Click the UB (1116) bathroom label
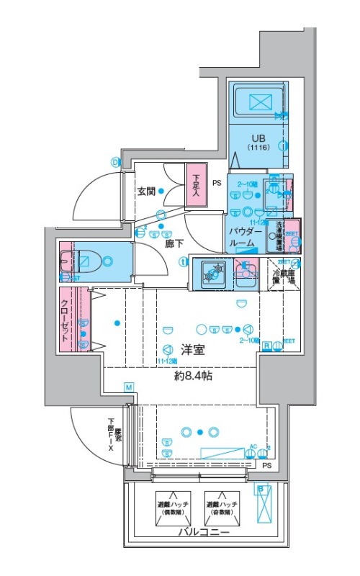(258, 142)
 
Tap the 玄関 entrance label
(147, 192)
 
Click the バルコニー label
(204, 532)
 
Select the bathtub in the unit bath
(257, 101)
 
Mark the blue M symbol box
(128, 388)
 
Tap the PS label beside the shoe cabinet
(216, 184)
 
